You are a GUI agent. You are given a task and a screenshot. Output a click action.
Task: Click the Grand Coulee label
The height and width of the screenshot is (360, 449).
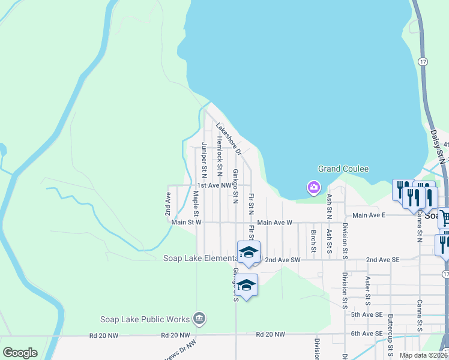343,169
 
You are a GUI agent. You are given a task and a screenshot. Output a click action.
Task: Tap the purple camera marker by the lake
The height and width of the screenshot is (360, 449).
313,188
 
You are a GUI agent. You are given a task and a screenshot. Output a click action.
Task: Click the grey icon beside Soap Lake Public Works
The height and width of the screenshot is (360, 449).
200,319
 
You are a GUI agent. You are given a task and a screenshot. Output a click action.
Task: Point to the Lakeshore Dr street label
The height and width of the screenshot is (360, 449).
228,137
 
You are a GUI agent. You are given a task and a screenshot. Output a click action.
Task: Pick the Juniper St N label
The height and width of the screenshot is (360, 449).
204,160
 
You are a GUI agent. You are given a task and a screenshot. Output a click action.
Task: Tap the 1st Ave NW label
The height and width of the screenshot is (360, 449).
214,186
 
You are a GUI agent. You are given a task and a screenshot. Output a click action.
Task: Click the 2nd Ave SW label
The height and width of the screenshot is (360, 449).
282,260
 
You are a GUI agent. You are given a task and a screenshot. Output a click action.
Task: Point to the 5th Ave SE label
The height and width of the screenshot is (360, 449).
367,314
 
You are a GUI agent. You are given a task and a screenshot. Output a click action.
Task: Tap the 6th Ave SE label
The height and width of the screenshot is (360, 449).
367,334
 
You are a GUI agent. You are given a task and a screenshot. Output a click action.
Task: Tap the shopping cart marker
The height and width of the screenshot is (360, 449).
444,217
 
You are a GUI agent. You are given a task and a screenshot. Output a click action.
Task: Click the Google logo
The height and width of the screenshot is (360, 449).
20,353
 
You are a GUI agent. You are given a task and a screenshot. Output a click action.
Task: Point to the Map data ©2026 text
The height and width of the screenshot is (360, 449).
423,355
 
